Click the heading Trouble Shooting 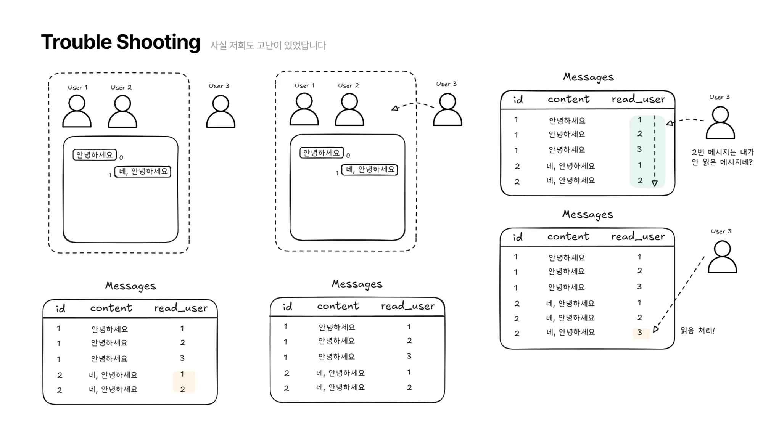[121, 42]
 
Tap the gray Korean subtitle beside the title [268, 45]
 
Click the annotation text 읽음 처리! [697, 331]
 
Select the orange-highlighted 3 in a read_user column [640, 333]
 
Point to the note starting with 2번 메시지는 [722, 157]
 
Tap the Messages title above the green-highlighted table [588, 77]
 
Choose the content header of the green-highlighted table [568, 99]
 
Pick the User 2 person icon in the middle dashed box [349, 109]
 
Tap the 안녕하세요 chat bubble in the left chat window [95, 155]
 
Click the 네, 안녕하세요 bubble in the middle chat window [369, 169]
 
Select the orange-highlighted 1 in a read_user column [182, 374]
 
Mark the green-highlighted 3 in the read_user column [639, 149]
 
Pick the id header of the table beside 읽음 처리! [517, 237]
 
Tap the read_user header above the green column [638, 99]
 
